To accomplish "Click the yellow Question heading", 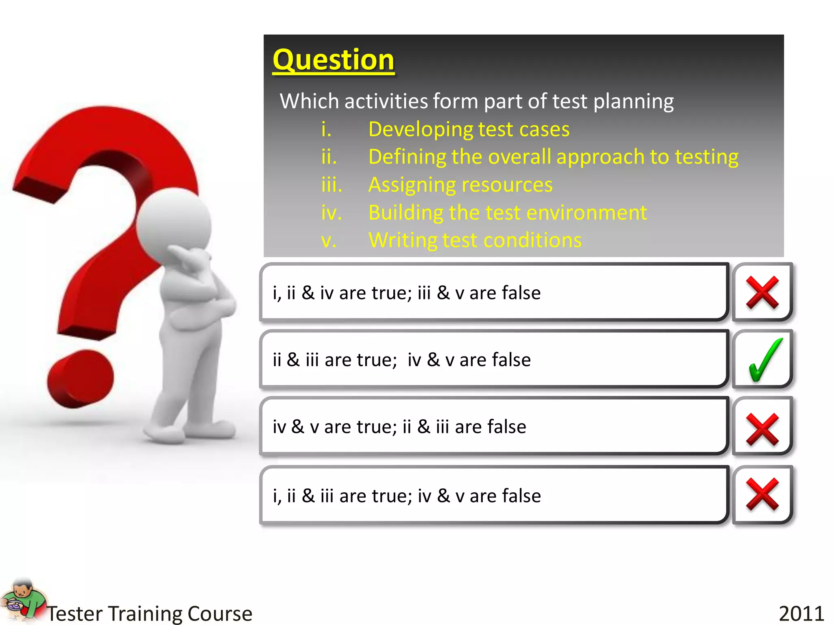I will pos(333,60).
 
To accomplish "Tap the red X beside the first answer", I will pos(762,292).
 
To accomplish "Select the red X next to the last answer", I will pos(762,494).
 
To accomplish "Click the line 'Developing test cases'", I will pos(469,129).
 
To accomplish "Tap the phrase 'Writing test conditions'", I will pos(475,240).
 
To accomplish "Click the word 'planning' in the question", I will pos(633,101).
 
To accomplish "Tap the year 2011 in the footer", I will pos(801,613).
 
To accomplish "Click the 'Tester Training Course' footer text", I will pos(150,613).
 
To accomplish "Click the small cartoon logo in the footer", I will pos(22,600).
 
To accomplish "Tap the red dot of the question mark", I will pos(81,378).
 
